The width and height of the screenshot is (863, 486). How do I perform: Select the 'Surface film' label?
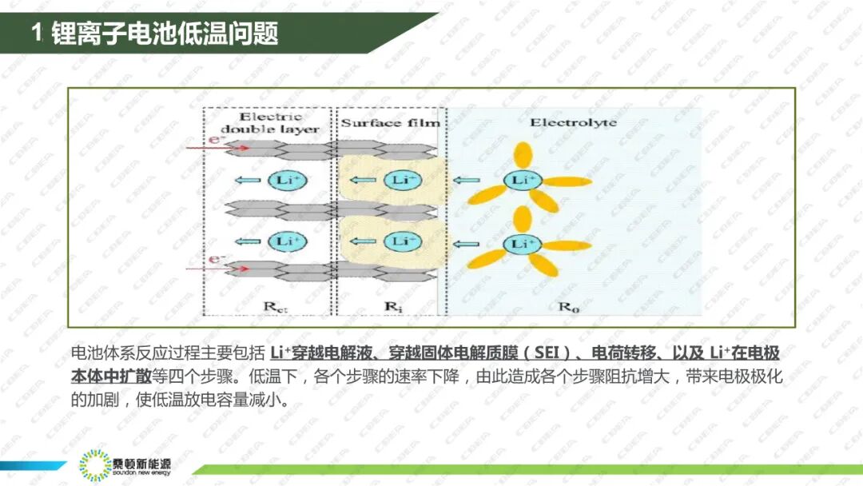(x=390, y=123)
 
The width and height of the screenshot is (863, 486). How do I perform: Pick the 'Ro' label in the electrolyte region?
(x=565, y=305)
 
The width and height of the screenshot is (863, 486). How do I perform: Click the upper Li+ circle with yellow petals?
(x=522, y=181)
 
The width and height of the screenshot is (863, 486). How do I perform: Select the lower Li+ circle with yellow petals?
(x=522, y=242)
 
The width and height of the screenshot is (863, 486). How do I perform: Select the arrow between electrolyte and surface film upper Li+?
(x=467, y=181)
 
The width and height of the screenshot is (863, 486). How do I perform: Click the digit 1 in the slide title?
(x=36, y=34)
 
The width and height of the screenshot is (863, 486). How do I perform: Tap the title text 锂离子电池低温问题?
(x=164, y=34)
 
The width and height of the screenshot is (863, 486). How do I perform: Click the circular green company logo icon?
(x=94, y=466)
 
